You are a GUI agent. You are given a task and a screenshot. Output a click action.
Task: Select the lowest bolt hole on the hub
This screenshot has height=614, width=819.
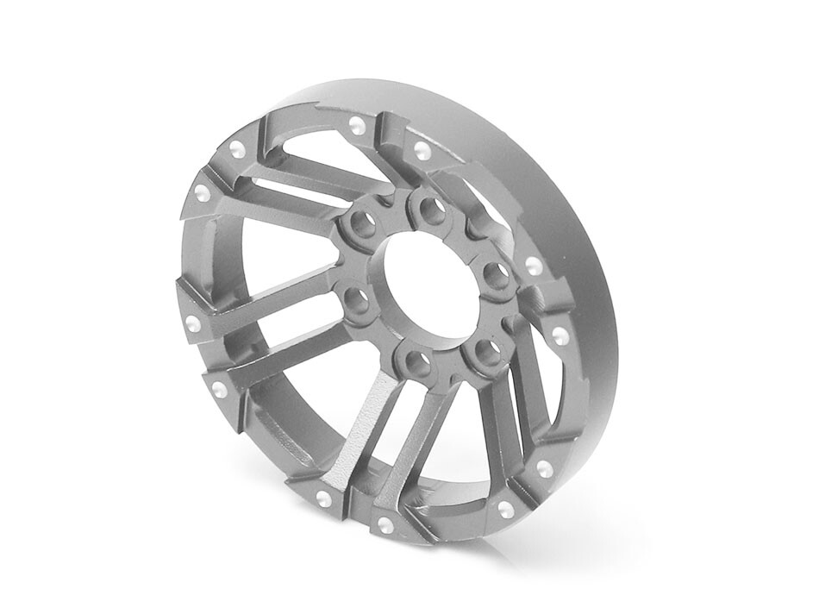click(x=414, y=360)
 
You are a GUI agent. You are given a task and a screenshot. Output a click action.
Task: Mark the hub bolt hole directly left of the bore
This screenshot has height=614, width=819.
click(x=353, y=301)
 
